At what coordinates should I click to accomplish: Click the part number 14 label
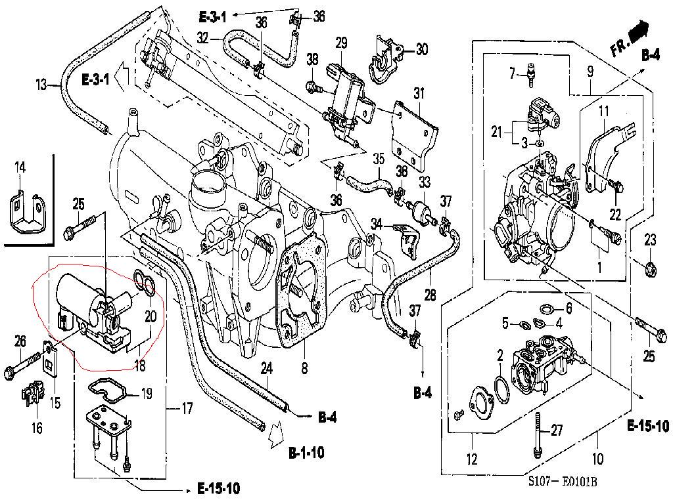click(x=20, y=169)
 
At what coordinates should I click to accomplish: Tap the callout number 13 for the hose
click(x=42, y=84)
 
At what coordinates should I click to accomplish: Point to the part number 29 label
click(x=340, y=43)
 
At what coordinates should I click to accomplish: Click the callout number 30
click(x=421, y=49)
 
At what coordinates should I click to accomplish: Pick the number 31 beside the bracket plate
click(x=419, y=94)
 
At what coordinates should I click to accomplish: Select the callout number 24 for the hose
click(x=266, y=368)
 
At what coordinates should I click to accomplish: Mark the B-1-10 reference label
click(x=306, y=453)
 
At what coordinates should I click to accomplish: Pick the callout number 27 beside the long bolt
click(x=557, y=431)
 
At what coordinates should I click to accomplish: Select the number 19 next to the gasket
click(x=146, y=394)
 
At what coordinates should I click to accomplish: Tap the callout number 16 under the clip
click(x=37, y=428)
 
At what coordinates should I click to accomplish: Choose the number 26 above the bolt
click(x=20, y=341)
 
